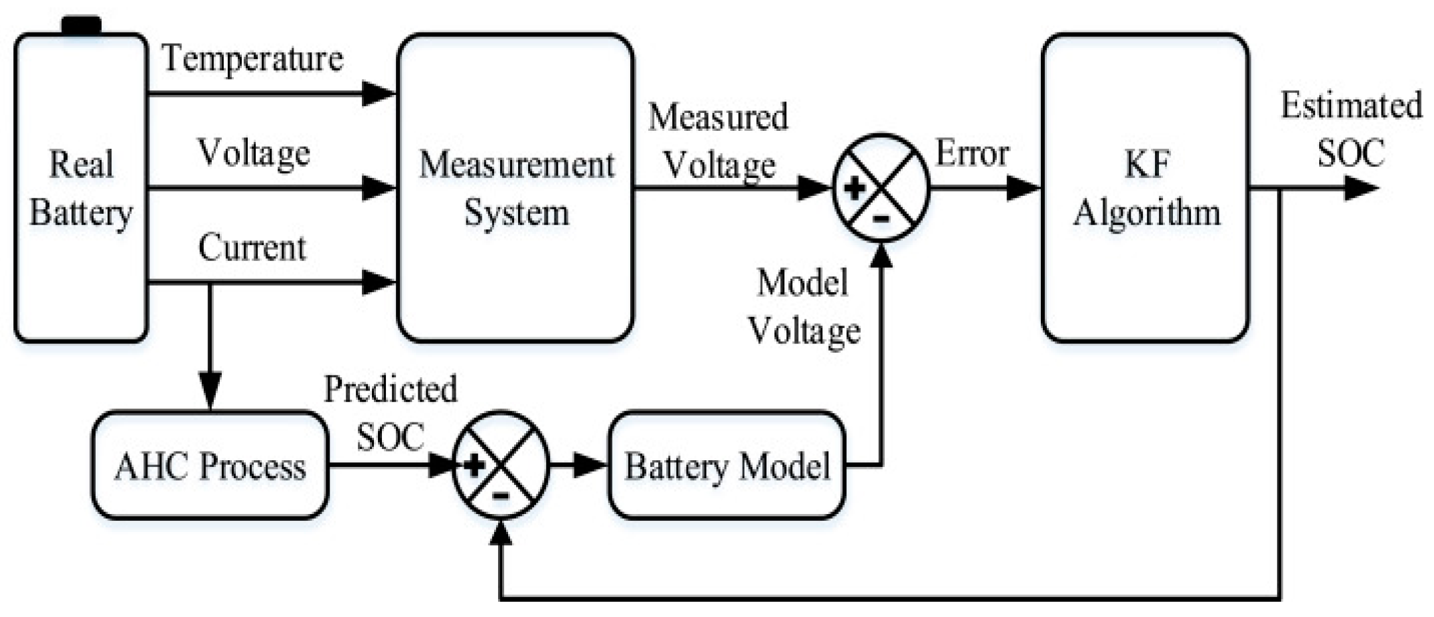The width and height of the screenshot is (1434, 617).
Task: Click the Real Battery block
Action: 80,188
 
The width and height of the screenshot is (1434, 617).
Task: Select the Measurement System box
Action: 515,188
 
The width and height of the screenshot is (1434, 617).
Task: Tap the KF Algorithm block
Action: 1146,188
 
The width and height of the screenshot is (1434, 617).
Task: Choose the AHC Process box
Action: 210,465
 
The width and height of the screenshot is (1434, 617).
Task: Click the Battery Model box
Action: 727,465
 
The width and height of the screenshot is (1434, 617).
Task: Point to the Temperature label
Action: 252,58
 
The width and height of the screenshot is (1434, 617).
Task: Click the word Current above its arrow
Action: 252,248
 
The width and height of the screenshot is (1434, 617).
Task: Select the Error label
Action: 972,153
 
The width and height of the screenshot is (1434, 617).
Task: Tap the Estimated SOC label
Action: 1351,129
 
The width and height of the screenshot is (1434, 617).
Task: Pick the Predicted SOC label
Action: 391,412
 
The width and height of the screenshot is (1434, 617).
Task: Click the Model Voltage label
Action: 804,306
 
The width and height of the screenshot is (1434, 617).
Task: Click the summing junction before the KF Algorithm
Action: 881,188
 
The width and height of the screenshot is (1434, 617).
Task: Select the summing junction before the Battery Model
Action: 501,465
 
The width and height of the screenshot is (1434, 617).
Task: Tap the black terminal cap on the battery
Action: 81,25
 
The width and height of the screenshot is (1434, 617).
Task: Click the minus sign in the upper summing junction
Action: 881,218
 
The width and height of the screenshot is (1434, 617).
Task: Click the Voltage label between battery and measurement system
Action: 254,153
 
